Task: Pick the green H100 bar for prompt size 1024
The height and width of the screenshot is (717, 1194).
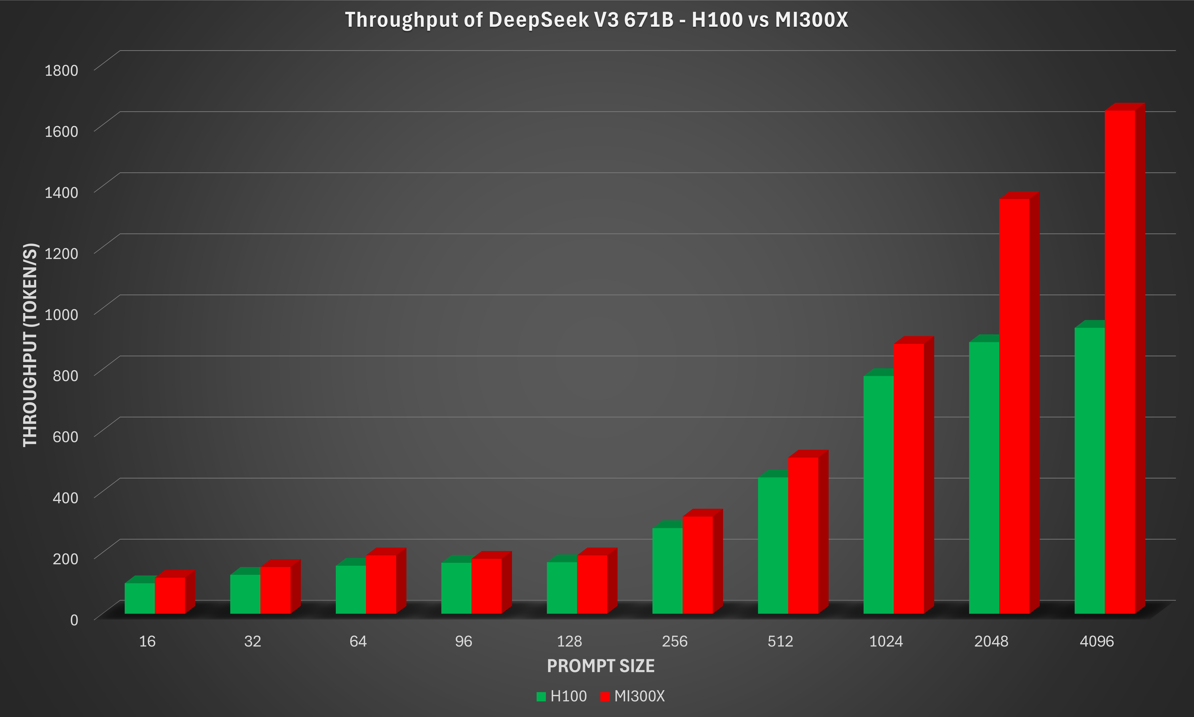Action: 878,495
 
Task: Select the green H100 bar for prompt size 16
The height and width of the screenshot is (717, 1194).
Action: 139,598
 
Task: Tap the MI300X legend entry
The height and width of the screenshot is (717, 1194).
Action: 633,696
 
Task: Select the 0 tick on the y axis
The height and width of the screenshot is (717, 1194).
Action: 74,620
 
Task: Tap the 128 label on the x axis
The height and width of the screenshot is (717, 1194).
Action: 569,641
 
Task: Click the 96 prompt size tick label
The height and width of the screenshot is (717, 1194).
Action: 464,641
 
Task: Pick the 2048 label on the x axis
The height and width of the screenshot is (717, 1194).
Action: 991,641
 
